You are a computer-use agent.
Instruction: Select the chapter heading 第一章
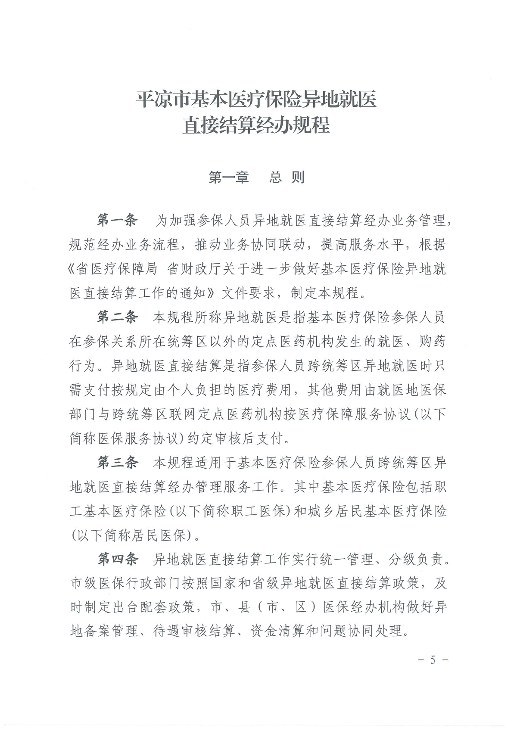[x=229, y=177]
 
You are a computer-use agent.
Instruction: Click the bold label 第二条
[x=117, y=317]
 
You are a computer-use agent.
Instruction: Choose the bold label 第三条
[x=117, y=463]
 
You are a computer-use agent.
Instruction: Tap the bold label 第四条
[x=117, y=559]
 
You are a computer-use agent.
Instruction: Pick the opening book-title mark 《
[x=73, y=269]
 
